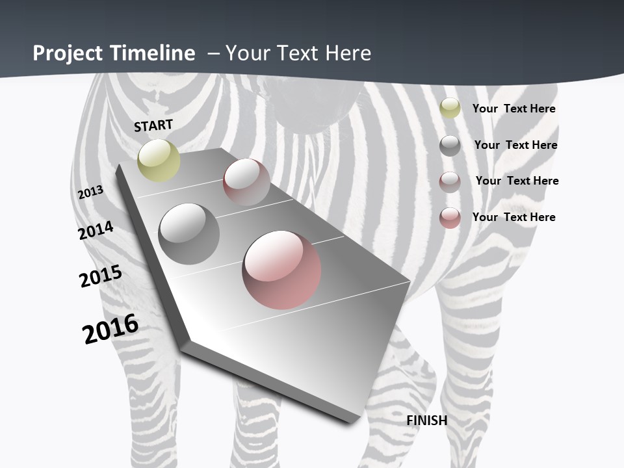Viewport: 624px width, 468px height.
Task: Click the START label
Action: click(x=153, y=125)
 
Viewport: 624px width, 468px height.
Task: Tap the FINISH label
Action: click(x=427, y=421)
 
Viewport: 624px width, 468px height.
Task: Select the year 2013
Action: click(x=90, y=192)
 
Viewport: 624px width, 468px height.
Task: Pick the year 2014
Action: click(x=96, y=230)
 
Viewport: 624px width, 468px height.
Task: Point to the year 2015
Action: click(x=101, y=277)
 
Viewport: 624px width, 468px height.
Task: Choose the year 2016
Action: click(x=110, y=329)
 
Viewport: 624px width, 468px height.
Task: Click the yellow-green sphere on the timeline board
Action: click(x=159, y=160)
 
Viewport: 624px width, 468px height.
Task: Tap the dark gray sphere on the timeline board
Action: click(x=188, y=233)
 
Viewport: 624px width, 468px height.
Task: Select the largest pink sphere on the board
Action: click(x=281, y=269)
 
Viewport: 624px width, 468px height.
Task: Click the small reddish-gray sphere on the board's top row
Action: click(x=246, y=181)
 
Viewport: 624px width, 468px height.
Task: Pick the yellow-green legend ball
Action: click(x=450, y=109)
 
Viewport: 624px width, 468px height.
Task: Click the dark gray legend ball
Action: click(x=450, y=146)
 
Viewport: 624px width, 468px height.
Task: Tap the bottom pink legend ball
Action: click(x=450, y=218)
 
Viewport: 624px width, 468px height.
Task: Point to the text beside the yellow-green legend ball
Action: click(x=513, y=109)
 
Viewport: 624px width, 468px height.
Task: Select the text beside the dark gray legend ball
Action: click(x=515, y=145)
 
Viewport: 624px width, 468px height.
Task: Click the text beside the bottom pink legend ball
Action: click(x=513, y=217)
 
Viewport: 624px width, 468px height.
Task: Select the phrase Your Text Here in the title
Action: click(x=298, y=53)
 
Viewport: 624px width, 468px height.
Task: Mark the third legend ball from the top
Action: click(x=450, y=182)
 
